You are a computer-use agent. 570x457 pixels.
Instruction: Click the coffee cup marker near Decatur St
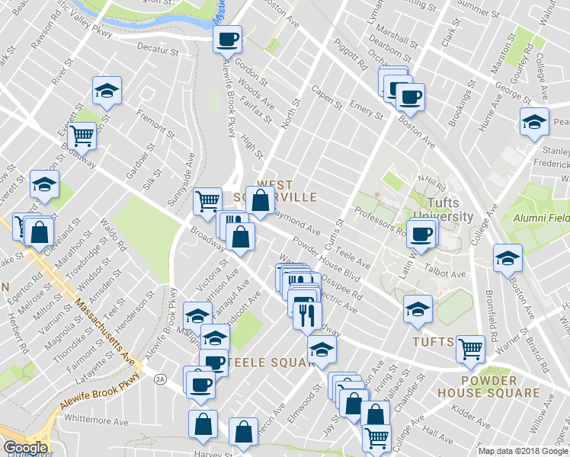pos(227,38)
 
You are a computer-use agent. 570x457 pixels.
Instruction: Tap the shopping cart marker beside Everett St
pos(81,136)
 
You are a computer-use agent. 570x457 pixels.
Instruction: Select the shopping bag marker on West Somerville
pos(260,201)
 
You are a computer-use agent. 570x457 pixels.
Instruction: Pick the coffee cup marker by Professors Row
pos(421,233)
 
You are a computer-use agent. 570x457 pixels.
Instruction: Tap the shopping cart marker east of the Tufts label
pos(470,349)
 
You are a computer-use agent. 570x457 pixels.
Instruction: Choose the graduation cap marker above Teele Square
pos(215,338)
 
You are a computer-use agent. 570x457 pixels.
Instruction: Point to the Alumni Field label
pos(540,217)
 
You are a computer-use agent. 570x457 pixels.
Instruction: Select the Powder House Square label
pos(499,386)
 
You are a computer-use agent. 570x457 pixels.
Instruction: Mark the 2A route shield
pos(159,379)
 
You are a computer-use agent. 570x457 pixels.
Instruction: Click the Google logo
pos(25,447)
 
